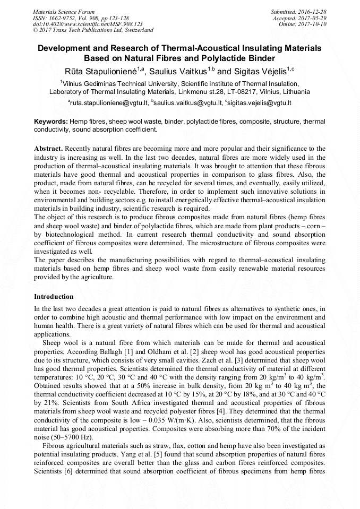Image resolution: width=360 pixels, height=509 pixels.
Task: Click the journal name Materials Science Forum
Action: [64, 11]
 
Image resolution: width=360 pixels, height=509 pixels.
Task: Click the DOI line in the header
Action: [88, 24]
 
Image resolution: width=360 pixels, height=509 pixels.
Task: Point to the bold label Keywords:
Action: [51, 122]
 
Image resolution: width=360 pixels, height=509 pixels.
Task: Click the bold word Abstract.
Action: [48, 149]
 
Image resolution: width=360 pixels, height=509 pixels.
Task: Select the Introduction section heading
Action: [54, 297]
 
